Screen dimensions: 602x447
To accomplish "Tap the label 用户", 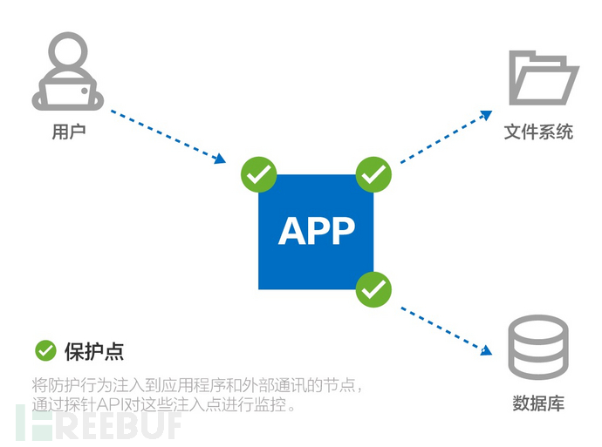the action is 69,132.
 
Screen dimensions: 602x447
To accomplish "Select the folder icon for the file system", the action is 544,78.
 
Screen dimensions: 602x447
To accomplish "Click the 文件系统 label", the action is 538,132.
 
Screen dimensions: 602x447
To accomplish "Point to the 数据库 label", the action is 538,403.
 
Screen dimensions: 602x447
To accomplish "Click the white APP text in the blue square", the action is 317,231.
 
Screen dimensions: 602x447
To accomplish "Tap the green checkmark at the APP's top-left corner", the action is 259,174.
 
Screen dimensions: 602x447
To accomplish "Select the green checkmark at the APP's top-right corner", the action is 373,174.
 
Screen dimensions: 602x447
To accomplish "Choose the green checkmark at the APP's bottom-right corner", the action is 373,289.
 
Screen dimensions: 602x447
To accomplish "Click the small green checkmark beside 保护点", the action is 45,351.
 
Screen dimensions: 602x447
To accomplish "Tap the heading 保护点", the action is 94,351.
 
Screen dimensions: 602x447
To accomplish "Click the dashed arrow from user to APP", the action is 168,137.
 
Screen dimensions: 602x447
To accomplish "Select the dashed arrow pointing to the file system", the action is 446,137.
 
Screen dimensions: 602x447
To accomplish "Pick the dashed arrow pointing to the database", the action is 446,331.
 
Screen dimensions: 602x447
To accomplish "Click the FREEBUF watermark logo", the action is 99,422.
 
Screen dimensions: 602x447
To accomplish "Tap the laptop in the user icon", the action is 68,93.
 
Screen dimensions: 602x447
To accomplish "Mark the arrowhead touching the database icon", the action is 487,350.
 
